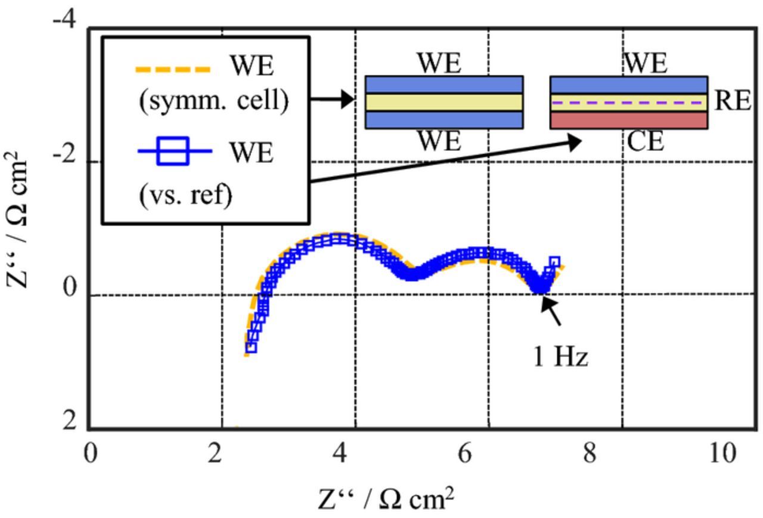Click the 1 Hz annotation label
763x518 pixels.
pyautogui.click(x=560, y=357)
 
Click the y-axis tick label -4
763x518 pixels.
pyautogui.click(x=64, y=20)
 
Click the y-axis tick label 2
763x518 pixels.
pyautogui.click(x=70, y=422)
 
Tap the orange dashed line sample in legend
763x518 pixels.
pyautogui.click(x=173, y=70)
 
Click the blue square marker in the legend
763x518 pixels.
pyautogui.click(x=175, y=151)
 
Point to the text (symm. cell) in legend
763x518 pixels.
pyautogui.click(x=213, y=101)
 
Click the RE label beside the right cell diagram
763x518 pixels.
pyautogui.click(x=732, y=101)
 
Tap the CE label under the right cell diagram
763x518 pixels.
pyautogui.click(x=646, y=142)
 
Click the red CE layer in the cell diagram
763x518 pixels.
pyautogui.click(x=628, y=120)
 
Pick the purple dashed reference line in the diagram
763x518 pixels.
pyautogui.click(x=628, y=103)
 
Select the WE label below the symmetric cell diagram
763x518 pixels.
pyautogui.click(x=439, y=142)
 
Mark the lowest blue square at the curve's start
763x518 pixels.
pyautogui.click(x=251, y=347)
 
